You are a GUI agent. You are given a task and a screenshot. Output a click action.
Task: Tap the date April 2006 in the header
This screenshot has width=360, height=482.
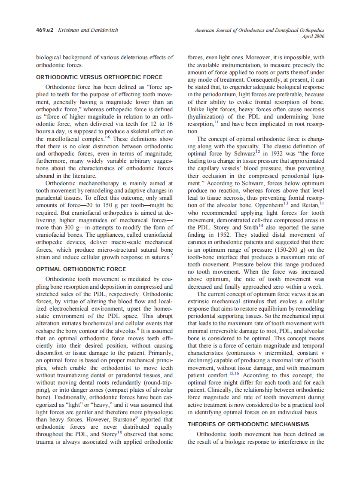click(314, 37)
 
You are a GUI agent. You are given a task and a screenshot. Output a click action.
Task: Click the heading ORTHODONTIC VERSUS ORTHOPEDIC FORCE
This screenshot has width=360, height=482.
click(99, 77)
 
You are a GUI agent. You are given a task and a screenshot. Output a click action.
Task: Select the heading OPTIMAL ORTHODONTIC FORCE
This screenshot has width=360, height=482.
click(81, 269)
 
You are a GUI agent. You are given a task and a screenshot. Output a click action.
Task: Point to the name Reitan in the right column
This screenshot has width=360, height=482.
click(310, 204)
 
